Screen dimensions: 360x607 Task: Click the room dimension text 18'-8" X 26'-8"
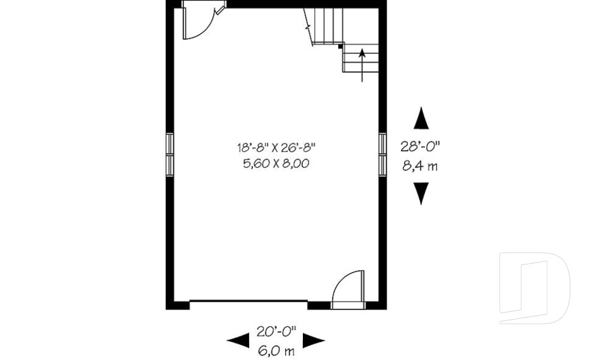(x=276, y=148)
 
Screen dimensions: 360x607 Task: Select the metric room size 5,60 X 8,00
(x=276, y=163)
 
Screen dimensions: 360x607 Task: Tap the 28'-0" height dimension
(x=420, y=146)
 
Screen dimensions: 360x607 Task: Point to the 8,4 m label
(x=420, y=167)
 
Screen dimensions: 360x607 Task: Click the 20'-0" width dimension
(x=276, y=331)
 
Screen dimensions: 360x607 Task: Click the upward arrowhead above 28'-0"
(x=420, y=118)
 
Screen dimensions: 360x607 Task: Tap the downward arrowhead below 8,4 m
(x=420, y=193)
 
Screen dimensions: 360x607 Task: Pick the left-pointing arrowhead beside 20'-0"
(x=238, y=341)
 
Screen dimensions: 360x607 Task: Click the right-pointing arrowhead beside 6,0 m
(x=314, y=341)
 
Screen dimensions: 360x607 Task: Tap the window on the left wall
(x=169, y=154)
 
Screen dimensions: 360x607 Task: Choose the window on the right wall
(x=383, y=154)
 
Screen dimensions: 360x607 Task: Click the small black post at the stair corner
(x=340, y=46)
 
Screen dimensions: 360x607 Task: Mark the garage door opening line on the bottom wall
(x=248, y=301)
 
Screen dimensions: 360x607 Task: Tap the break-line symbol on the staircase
(x=309, y=27)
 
